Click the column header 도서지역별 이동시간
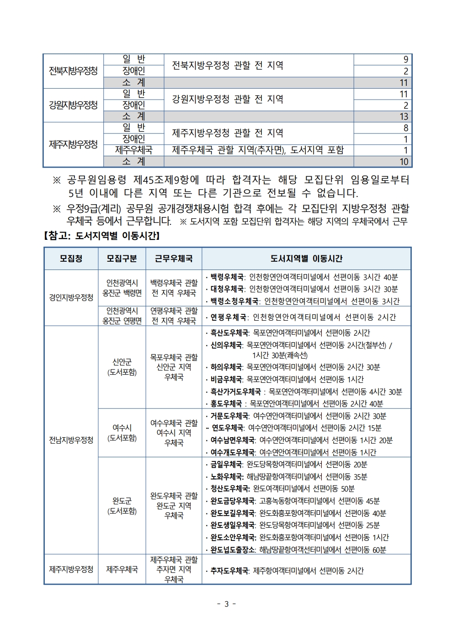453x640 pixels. [x=306, y=259]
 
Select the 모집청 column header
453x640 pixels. [x=71, y=259]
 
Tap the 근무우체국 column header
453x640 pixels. [x=174, y=259]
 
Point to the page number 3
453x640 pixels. [x=226, y=604]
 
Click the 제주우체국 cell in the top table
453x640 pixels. [x=133, y=150]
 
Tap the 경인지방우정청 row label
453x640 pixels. [x=71, y=297]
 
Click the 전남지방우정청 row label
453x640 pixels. [x=71, y=440]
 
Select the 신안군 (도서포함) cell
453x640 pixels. [x=122, y=367]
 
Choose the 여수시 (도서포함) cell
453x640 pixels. [x=122, y=433]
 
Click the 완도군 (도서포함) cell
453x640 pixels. [x=122, y=506]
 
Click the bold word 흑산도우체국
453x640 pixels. [x=229, y=333]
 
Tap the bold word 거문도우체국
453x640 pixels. [x=229, y=416]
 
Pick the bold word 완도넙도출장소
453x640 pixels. [x=233, y=550]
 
